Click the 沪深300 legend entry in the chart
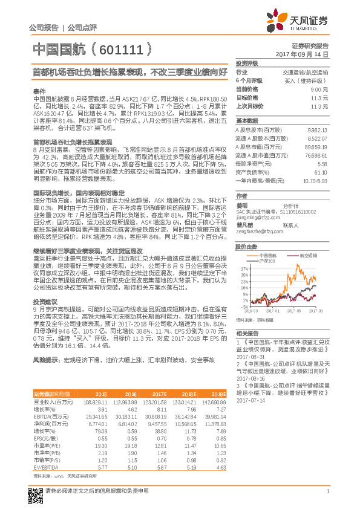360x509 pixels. pyautogui.click(x=283, y=260)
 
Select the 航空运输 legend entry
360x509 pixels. pyautogui.click(x=310, y=256)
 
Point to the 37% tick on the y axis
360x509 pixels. pyautogui.click(x=243, y=267)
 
